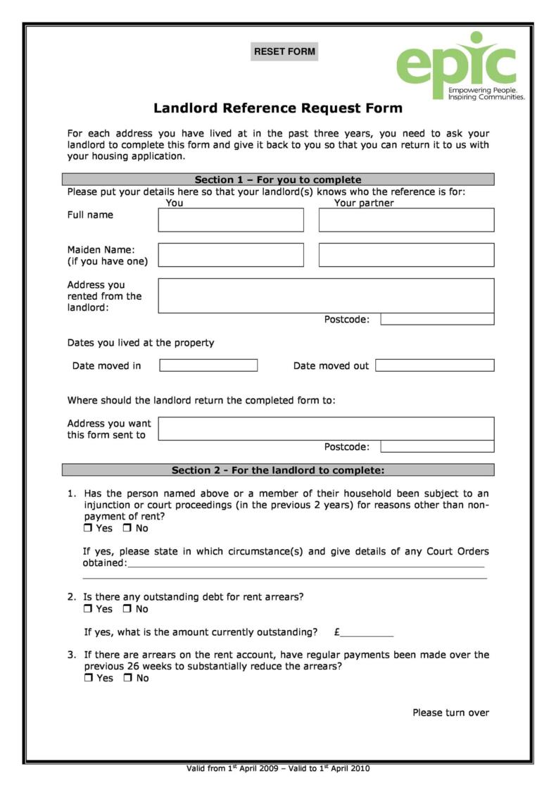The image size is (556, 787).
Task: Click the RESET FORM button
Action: pos(284,51)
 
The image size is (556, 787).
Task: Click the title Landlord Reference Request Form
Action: pos(278,108)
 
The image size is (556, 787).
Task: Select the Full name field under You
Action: pos(231,220)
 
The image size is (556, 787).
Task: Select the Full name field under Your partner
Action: pos(406,220)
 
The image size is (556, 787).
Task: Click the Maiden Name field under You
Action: pos(231,255)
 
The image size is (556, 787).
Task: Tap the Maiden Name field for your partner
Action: pos(406,255)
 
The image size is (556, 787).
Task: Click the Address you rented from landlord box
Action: pos(326,295)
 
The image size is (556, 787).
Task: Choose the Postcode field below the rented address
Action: pos(437,320)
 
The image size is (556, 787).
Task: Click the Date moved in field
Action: pos(208,365)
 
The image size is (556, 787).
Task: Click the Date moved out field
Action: pos(434,365)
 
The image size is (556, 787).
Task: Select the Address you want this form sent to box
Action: pos(326,428)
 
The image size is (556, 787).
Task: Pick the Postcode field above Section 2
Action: pos(437,446)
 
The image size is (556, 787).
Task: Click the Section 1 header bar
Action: pos(278,180)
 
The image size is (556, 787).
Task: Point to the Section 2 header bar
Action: pos(278,470)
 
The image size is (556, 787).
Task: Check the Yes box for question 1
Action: pos(88,529)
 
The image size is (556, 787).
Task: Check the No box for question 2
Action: pos(127,609)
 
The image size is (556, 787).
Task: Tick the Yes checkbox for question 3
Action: pos(88,679)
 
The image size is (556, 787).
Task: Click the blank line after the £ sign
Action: pos(367,632)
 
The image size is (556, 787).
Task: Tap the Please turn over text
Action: pos(450,712)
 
